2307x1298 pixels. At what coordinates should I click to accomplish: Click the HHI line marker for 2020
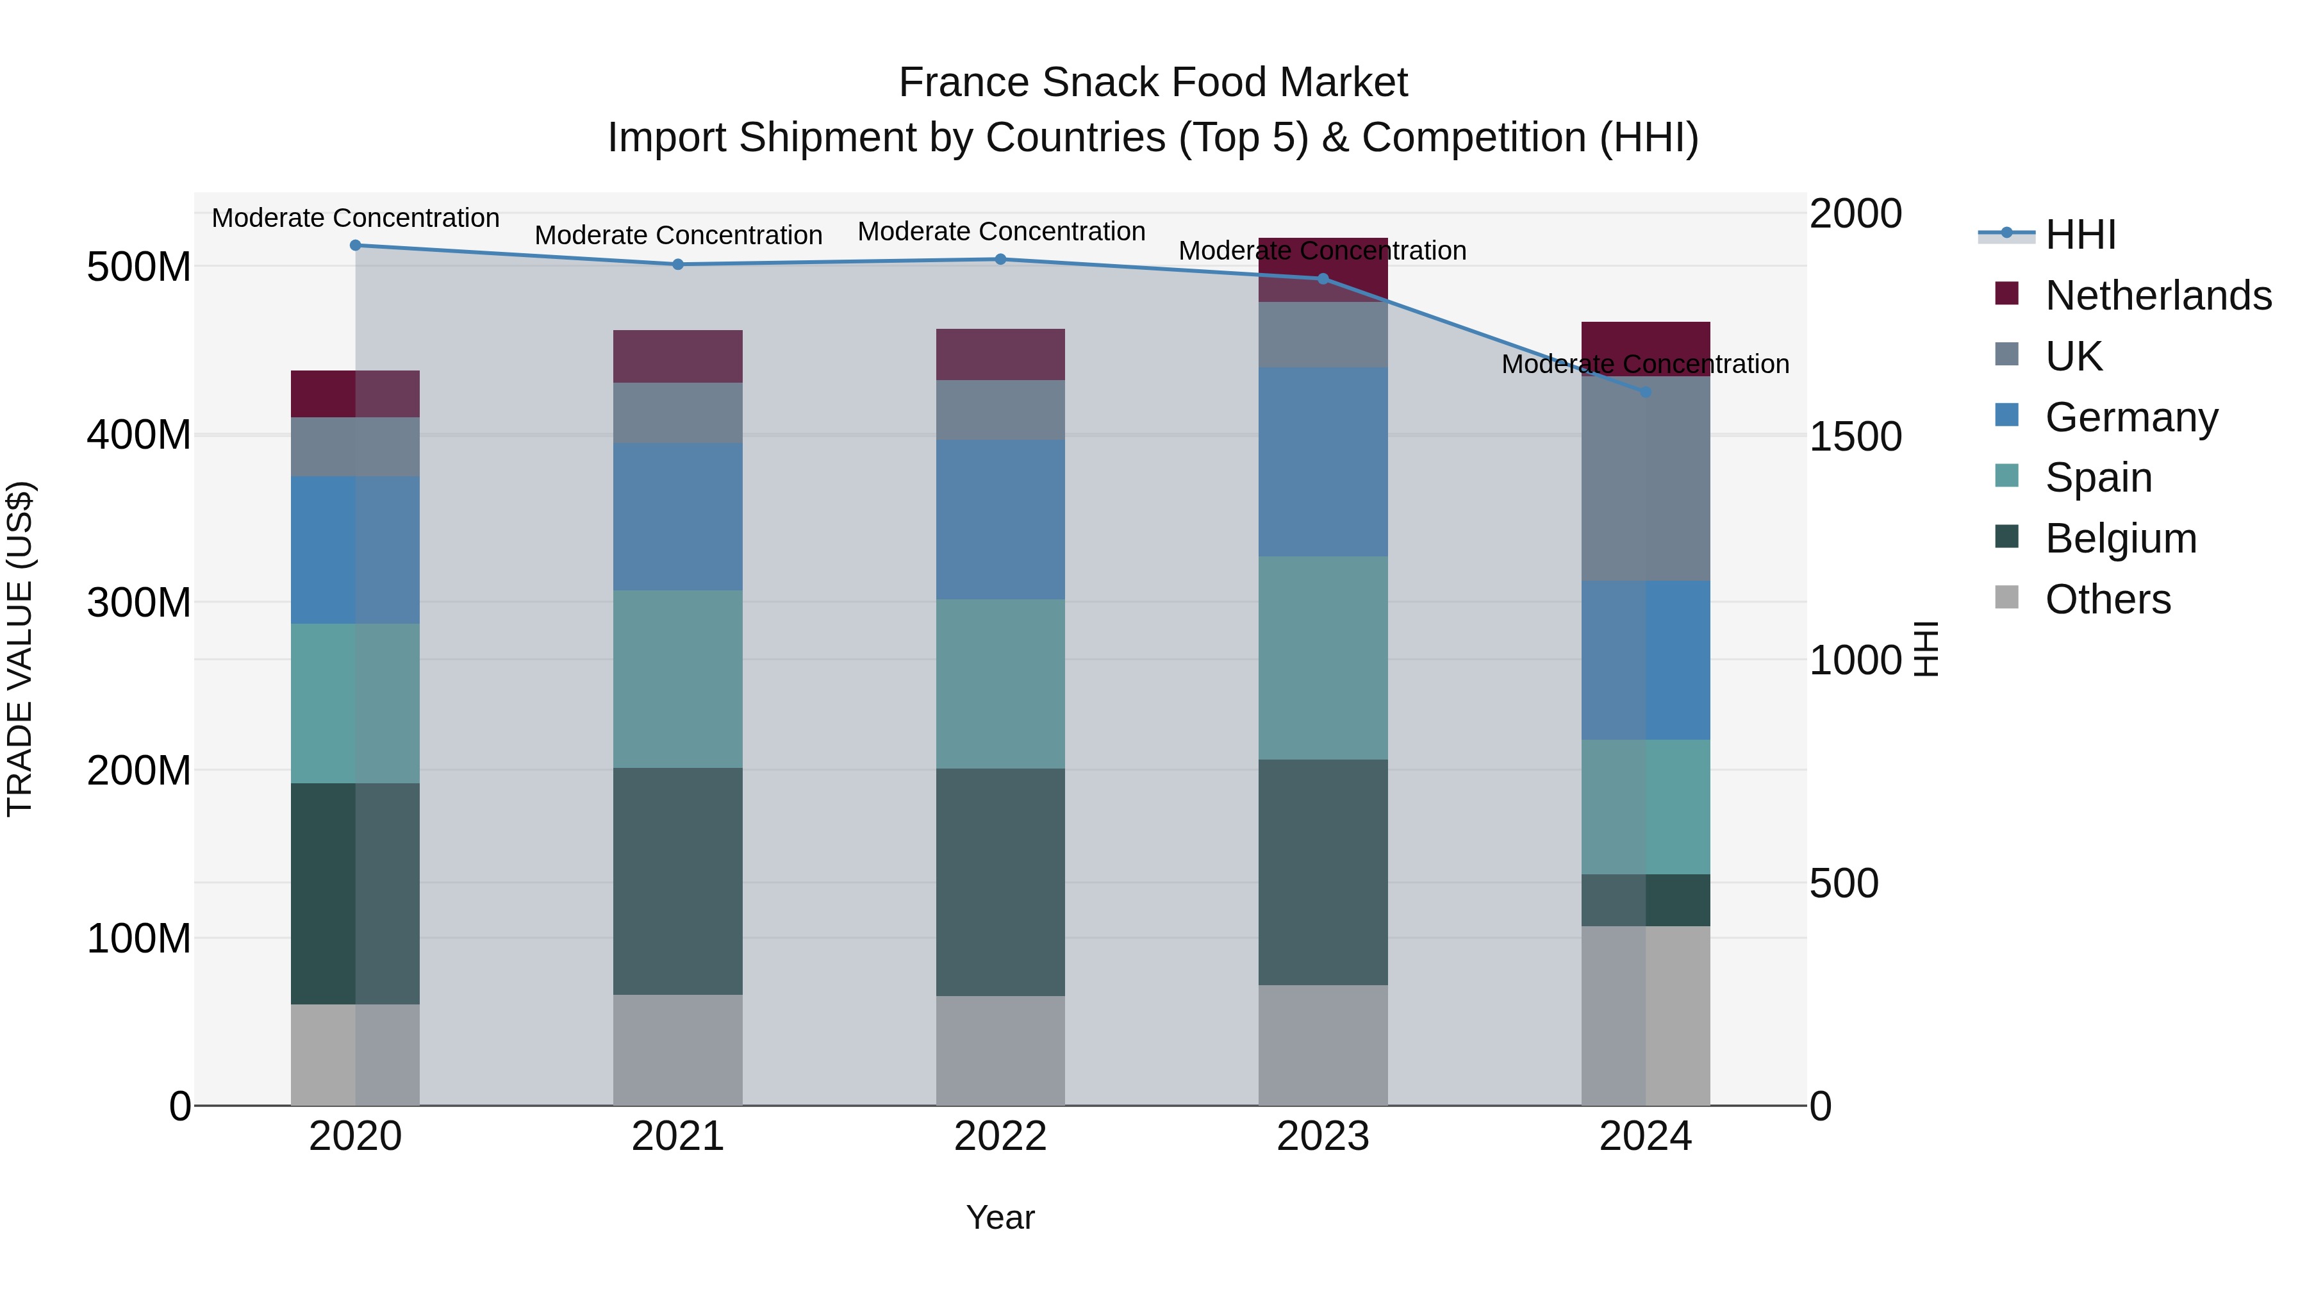(356, 245)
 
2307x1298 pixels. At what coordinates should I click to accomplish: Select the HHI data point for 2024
(1645, 392)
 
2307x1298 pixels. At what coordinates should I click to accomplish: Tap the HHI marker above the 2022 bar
(1001, 260)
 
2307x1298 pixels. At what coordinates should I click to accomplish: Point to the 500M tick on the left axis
(139, 267)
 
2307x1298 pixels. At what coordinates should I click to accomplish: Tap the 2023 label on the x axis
(1323, 1136)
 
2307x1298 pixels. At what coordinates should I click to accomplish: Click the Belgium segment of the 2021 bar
(678, 881)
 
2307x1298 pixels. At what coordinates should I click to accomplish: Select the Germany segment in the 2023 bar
(1323, 462)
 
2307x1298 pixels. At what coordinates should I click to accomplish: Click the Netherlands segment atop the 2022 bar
(1000, 354)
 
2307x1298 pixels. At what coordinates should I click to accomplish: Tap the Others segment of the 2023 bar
(1323, 1045)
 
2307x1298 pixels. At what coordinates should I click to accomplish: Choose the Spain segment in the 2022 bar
(1000, 683)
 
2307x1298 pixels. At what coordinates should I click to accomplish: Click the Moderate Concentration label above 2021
(678, 236)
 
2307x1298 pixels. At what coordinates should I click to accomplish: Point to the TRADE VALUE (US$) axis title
(20, 649)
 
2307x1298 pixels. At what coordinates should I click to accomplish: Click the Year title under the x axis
(1000, 1217)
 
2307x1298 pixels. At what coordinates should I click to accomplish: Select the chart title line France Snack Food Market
(1153, 83)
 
